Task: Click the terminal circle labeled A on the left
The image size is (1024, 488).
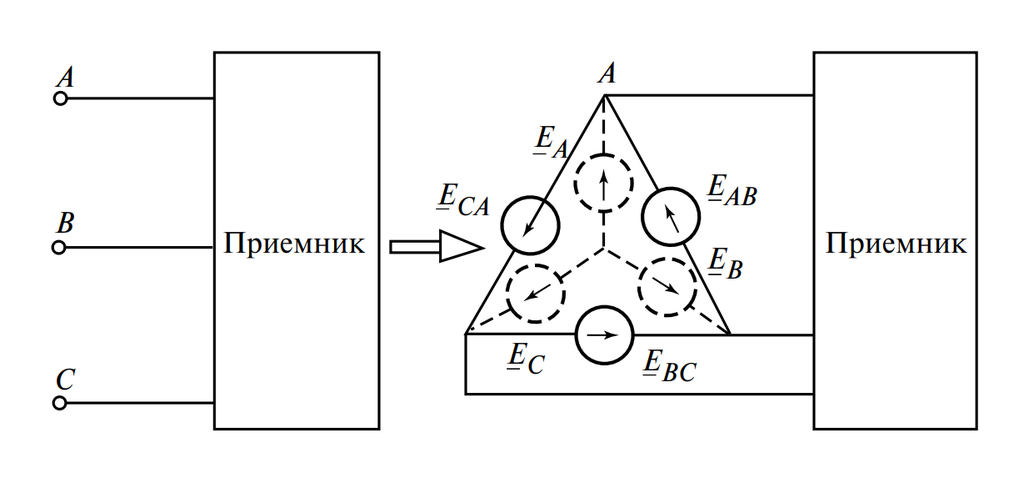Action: pyautogui.click(x=60, y=98)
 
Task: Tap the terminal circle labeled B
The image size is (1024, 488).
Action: pyautogui.click(x=58, y=248)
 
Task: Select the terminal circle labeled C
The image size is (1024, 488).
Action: pyautogui.click(x=59, y=403)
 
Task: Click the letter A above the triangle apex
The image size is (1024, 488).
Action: pyautogui.click(x=607, y=74)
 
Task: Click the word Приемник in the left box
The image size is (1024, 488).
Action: pyautogui.click(x=294, y=244)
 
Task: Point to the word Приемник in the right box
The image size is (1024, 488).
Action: pyautogui.click(x=897, y=244)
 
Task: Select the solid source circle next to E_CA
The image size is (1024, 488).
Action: pyautogui.click(x=530, y=224)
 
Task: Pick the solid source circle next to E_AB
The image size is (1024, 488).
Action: pyautogui.click(x=671, y=216)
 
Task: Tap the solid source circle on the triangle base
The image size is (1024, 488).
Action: pyautogui.click(x=605, y=335)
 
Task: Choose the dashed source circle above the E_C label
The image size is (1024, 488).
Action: pyautogui.click(x=536, y=293)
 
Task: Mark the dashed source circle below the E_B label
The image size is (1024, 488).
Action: pyautogui.click(x=667, y=286)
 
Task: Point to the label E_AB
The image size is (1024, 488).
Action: pyautogui.click(x=731, y=191)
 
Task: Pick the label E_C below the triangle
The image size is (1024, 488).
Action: pyautogui.click(x=526, y=358)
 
